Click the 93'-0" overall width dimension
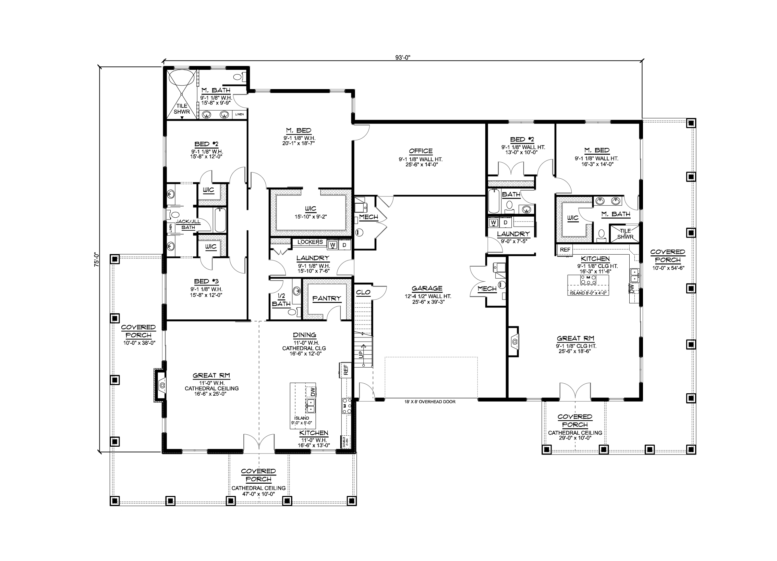click(x=403, y=58)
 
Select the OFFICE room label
click(x=421, y=151)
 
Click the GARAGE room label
click(x=427, y=289)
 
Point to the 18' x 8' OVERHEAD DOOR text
click(x=430, y=401)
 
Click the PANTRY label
click(x=327, y=298)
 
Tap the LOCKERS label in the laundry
click(x=310, y=242)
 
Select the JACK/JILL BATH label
click(x=188, y=225)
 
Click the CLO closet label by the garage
click(x=363, y=292)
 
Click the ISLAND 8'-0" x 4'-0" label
click(x=588, y=293)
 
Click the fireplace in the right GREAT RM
click(x=514, y=341)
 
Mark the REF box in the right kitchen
click(x=565, y=250)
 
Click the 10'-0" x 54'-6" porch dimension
click(x=668, y=268)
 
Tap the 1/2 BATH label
click(x=281, y=300)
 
